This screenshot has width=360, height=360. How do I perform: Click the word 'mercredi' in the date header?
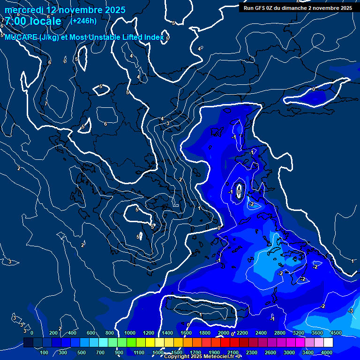click(24, 10)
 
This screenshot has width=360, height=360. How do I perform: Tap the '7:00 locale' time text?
click(33, 21)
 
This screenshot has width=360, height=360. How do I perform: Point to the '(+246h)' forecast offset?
click(83, 21)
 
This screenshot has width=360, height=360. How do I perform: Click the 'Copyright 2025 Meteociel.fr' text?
click(202, 357)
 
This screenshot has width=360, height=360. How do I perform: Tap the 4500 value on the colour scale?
click(336, 333)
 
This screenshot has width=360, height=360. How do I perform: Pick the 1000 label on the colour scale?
click(130, 333)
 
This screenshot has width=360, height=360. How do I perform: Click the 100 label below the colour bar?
click(44, 352)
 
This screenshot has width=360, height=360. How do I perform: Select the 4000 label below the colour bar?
click(327, 352)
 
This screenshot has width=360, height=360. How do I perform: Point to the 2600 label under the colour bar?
click(270, 352)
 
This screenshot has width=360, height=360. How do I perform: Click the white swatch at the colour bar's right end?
click(328, 343)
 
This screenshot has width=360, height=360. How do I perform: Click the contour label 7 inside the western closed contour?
click(46, 103)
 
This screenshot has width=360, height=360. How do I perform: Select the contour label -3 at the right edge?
click(351, 311)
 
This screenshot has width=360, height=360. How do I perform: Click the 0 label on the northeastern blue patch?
click(314, 89)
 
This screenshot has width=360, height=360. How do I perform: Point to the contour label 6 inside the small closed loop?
click(105, 124)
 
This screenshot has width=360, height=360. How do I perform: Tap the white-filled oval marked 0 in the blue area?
click(239, 191)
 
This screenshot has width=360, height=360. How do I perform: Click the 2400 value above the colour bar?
click(261, 333)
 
